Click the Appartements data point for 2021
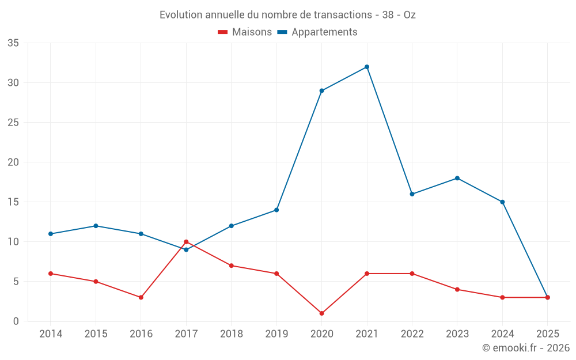click(367, 67)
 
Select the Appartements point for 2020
click(321, 90)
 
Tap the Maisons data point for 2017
click(186, 242)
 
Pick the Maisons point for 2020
click(321, 313)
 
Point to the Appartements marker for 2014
click(51, 234)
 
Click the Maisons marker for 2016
click(141, 297)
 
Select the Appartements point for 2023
click(457, 178)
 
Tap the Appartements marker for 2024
click(502, 202)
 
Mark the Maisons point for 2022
click(412, 274)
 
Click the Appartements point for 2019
click(276, 210)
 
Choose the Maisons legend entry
click(245, 32)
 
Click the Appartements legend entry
click(317, 32)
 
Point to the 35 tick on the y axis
click(13, 43)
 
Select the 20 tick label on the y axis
click(13, 162)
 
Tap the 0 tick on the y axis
click(16, 321)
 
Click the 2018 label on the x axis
click(231, 334)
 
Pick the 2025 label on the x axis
click(547, 334)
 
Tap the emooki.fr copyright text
click(526, 348)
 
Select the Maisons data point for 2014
click(51, 274)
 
